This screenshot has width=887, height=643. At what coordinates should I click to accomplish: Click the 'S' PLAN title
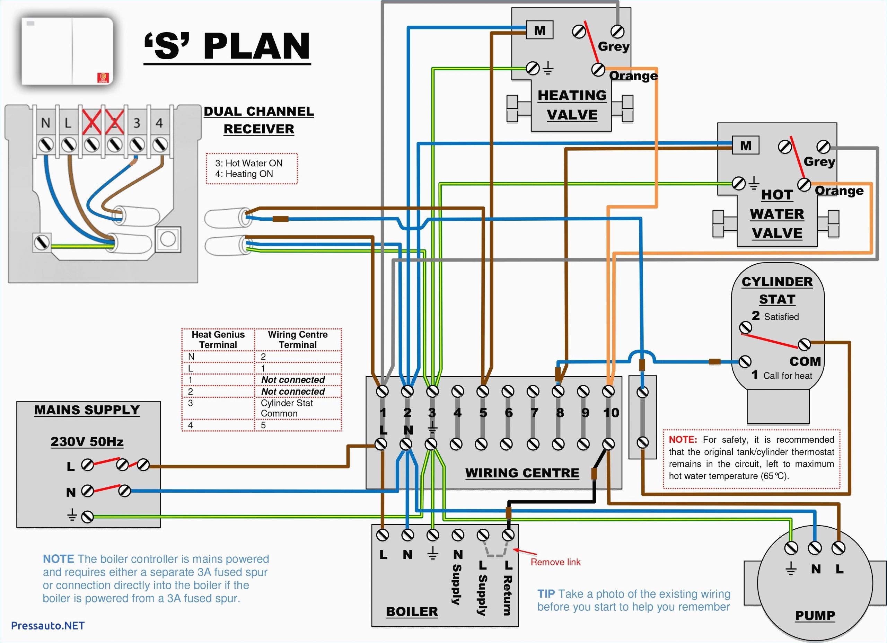pos(227,46)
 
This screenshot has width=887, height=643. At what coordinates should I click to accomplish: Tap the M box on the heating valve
pos(539,30)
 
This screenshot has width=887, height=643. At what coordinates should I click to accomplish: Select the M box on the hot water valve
pos(745,146)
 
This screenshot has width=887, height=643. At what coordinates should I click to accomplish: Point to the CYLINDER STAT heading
pos(777,290)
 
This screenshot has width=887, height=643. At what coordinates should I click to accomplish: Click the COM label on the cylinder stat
pos(805,361)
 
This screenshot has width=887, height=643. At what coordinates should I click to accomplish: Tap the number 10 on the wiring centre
pos(611,413)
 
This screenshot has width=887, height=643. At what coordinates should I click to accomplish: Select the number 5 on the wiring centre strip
pos(483,413)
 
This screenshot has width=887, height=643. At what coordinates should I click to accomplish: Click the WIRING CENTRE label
pos(522,473)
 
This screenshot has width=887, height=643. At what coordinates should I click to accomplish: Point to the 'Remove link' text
pos(555,562)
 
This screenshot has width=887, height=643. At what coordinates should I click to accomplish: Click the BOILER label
pos(412,612)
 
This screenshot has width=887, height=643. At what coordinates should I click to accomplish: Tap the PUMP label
pos(815,616)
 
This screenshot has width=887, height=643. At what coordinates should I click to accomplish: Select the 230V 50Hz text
pos(87,442)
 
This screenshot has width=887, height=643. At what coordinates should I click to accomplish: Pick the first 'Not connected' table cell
pos(293,380)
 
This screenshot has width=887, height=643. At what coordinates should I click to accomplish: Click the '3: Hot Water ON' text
pos(249,163)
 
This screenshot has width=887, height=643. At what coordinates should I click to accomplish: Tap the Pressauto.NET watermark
pos(48,625)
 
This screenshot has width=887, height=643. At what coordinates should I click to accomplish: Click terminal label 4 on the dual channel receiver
pos(159,123)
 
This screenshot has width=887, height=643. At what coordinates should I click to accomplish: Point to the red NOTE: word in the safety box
pos(683,439)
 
